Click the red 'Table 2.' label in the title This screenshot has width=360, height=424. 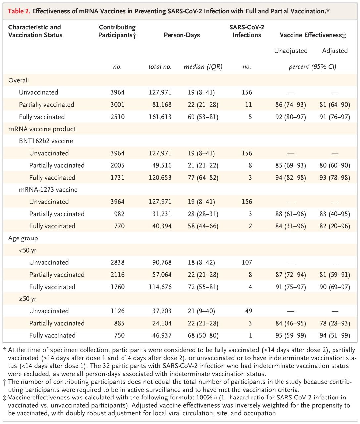click(19, 11)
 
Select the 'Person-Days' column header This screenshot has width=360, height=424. click(182, 35)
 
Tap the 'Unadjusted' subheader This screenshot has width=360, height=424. click(291, 51)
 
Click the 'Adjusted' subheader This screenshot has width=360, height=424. click(335, 51)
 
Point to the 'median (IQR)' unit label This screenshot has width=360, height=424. click(203, 67)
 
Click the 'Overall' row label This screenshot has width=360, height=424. click(19, 80)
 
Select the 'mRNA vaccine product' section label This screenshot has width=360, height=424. click(42, 129)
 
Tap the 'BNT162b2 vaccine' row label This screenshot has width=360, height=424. click(46, 141)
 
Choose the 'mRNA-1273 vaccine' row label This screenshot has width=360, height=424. click(48, 189)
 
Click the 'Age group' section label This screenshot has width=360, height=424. click(23, 238)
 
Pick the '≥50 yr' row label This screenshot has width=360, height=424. click(27, 299)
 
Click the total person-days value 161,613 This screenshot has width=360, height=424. click(160, 117)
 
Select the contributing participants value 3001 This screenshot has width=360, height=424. click(117, 105)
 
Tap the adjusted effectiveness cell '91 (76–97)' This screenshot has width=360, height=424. click(335, 117)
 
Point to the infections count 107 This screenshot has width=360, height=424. click(247, 262)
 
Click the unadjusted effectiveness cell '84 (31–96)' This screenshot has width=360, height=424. click(290, 226)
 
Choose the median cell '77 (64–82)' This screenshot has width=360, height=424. click(203, 178)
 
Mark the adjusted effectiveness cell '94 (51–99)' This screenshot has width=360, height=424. click(335, 335)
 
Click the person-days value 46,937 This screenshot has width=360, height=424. click(162, 335)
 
